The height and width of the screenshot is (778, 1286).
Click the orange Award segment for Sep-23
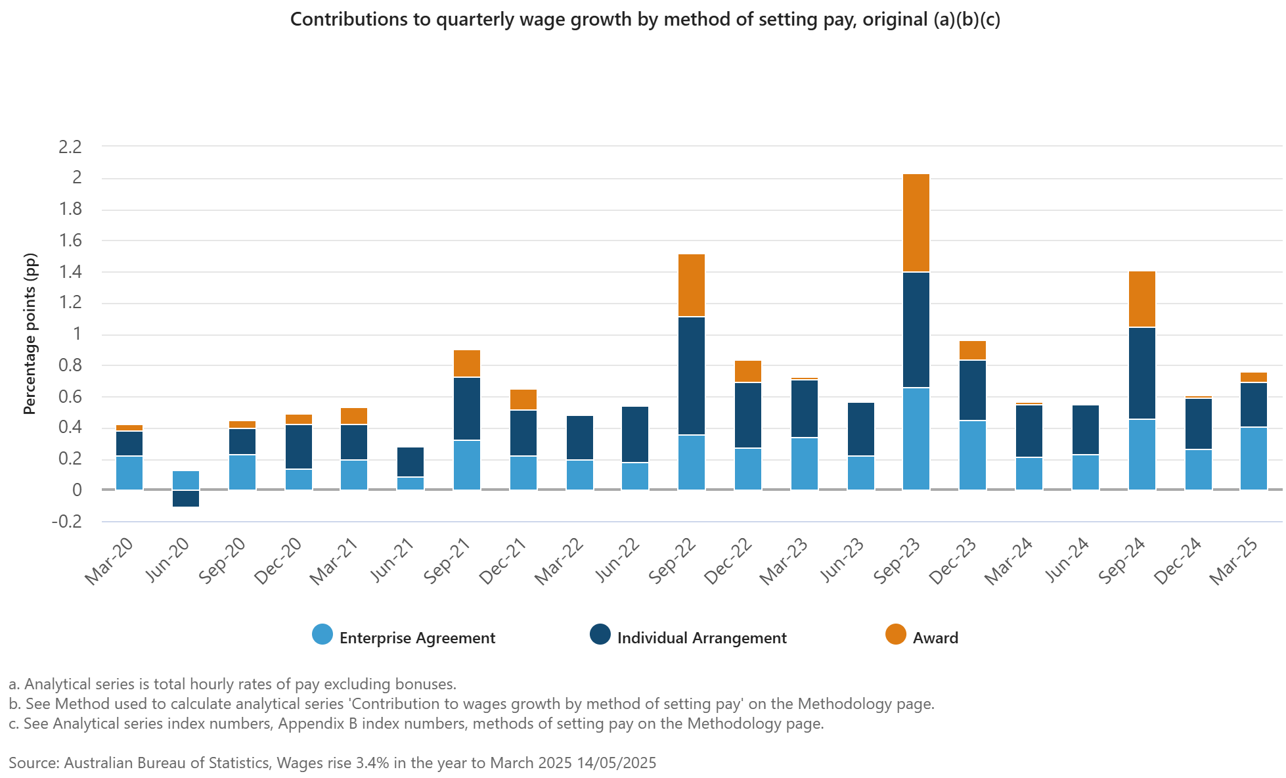916,223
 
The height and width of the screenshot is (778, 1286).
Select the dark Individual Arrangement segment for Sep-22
692,376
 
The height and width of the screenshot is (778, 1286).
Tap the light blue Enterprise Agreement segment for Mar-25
1254,458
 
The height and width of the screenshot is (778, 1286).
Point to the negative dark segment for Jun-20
186,499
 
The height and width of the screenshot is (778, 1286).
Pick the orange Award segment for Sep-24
1142,299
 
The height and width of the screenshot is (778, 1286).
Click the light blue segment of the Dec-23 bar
973,455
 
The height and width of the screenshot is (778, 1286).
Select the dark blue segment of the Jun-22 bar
635,434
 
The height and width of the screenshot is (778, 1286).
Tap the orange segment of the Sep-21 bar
467,363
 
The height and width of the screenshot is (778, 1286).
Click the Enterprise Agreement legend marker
322,635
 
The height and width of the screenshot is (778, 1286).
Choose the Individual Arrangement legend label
701,638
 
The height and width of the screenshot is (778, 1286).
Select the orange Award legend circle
895,635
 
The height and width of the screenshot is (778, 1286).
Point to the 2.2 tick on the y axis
70,147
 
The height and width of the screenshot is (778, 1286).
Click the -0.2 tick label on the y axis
67,522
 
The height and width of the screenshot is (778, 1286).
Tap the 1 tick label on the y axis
77,334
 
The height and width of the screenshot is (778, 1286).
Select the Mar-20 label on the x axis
109,561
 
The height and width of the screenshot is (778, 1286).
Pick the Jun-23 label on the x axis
842,561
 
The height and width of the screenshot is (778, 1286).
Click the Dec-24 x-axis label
1178,561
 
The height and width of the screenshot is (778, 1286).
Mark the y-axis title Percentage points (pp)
30,334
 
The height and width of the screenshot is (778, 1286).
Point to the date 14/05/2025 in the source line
616,763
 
